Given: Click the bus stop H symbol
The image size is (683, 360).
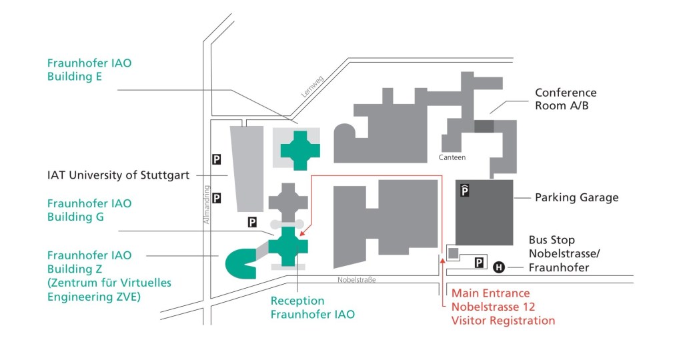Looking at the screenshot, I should [498, 268].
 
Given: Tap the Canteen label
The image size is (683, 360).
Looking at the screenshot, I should [452, 158].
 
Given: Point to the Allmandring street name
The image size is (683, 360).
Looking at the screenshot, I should [208, 204].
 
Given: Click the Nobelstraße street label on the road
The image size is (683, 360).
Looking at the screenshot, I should [357, 280].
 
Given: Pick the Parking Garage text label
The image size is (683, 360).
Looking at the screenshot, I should [576, 197].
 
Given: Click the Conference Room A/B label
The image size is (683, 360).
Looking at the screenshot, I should [566, 99].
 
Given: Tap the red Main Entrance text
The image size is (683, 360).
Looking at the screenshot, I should [490, 293].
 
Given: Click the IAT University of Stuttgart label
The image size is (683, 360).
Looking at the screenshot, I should [118, 176].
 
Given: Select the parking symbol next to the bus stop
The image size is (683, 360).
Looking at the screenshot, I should [479, 263].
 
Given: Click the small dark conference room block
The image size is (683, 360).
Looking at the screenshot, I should [484, 126].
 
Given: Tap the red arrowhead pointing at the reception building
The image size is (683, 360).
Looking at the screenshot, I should [303, 234].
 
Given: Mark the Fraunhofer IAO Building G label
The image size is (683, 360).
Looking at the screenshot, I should [89, 210].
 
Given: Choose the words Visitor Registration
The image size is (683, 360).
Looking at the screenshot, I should [503, 321].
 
